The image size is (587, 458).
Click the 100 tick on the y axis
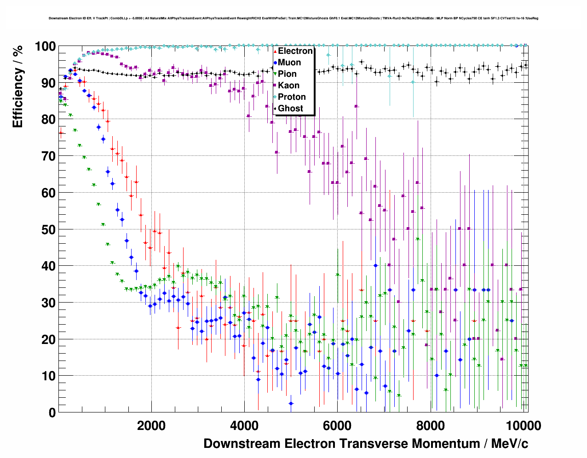(46, 46)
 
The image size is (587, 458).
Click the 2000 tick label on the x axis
(151, 426)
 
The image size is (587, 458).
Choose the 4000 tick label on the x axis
(244, 426)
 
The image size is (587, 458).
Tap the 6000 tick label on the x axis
(337, 426)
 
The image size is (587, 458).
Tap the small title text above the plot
(293, 18)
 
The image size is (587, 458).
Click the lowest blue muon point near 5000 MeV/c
(291, 403)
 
